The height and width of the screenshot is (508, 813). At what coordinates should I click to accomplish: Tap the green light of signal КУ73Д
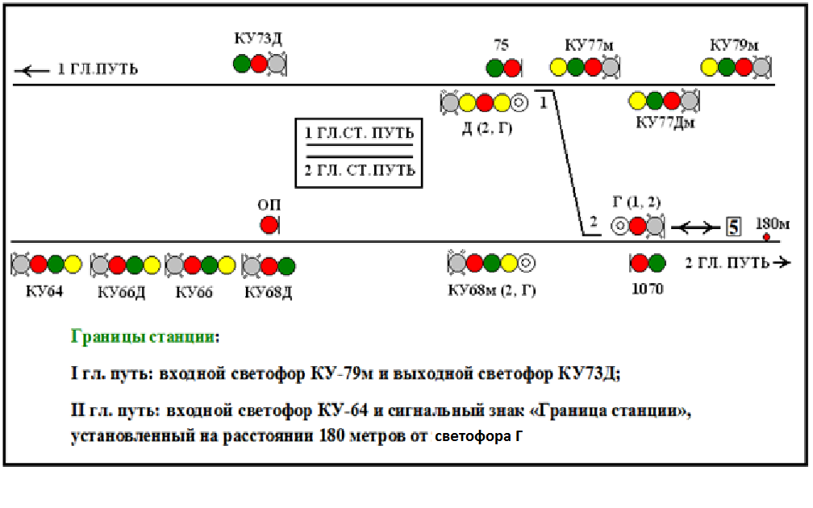click(241, 64)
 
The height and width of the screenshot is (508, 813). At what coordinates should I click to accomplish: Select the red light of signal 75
click(513, 68)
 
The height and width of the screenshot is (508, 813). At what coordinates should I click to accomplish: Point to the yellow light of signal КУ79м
click(711, 68)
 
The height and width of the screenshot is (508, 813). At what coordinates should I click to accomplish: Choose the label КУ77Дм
click(665, 123)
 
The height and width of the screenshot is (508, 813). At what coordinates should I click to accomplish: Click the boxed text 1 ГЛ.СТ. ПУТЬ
click(359, 133)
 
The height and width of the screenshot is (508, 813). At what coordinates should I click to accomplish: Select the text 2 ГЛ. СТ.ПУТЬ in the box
click(359, 170)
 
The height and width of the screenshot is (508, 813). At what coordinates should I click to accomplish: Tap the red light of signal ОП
click(269, 225)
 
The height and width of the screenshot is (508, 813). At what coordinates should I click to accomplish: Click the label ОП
click(269, 206)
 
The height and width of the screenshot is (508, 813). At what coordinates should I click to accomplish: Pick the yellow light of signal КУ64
click(73, 264)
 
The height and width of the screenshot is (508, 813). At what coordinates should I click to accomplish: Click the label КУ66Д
click(121, 290)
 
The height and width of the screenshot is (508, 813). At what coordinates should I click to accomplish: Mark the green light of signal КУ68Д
click(286, 264)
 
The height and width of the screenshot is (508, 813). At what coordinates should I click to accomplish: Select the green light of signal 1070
click(657, 262)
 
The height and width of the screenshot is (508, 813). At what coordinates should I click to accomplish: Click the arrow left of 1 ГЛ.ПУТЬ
click(32, 70)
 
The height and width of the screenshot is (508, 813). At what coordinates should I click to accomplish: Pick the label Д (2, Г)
click(487, 127)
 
